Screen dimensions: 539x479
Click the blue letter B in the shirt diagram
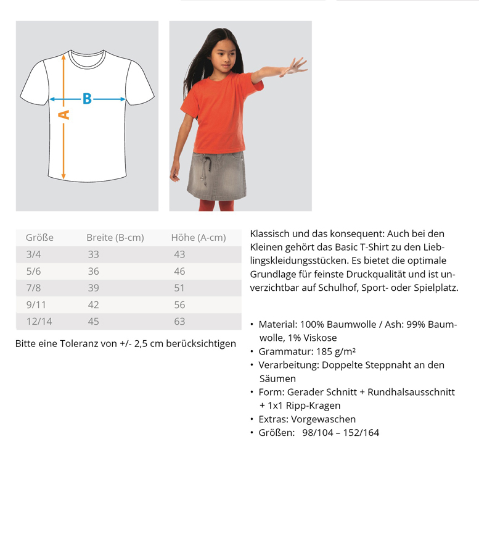87,99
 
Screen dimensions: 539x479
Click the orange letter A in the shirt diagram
63,115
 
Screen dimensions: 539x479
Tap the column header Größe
39,238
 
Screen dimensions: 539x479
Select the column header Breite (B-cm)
115,238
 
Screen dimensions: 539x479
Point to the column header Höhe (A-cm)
198,238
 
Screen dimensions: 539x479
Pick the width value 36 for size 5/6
93,271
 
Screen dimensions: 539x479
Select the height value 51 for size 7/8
179,288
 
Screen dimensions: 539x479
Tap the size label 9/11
36,304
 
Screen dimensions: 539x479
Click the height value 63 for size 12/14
179,321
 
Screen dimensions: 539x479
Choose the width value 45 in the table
93,321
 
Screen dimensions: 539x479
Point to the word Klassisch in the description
270,234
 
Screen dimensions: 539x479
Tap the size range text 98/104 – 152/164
340,433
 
